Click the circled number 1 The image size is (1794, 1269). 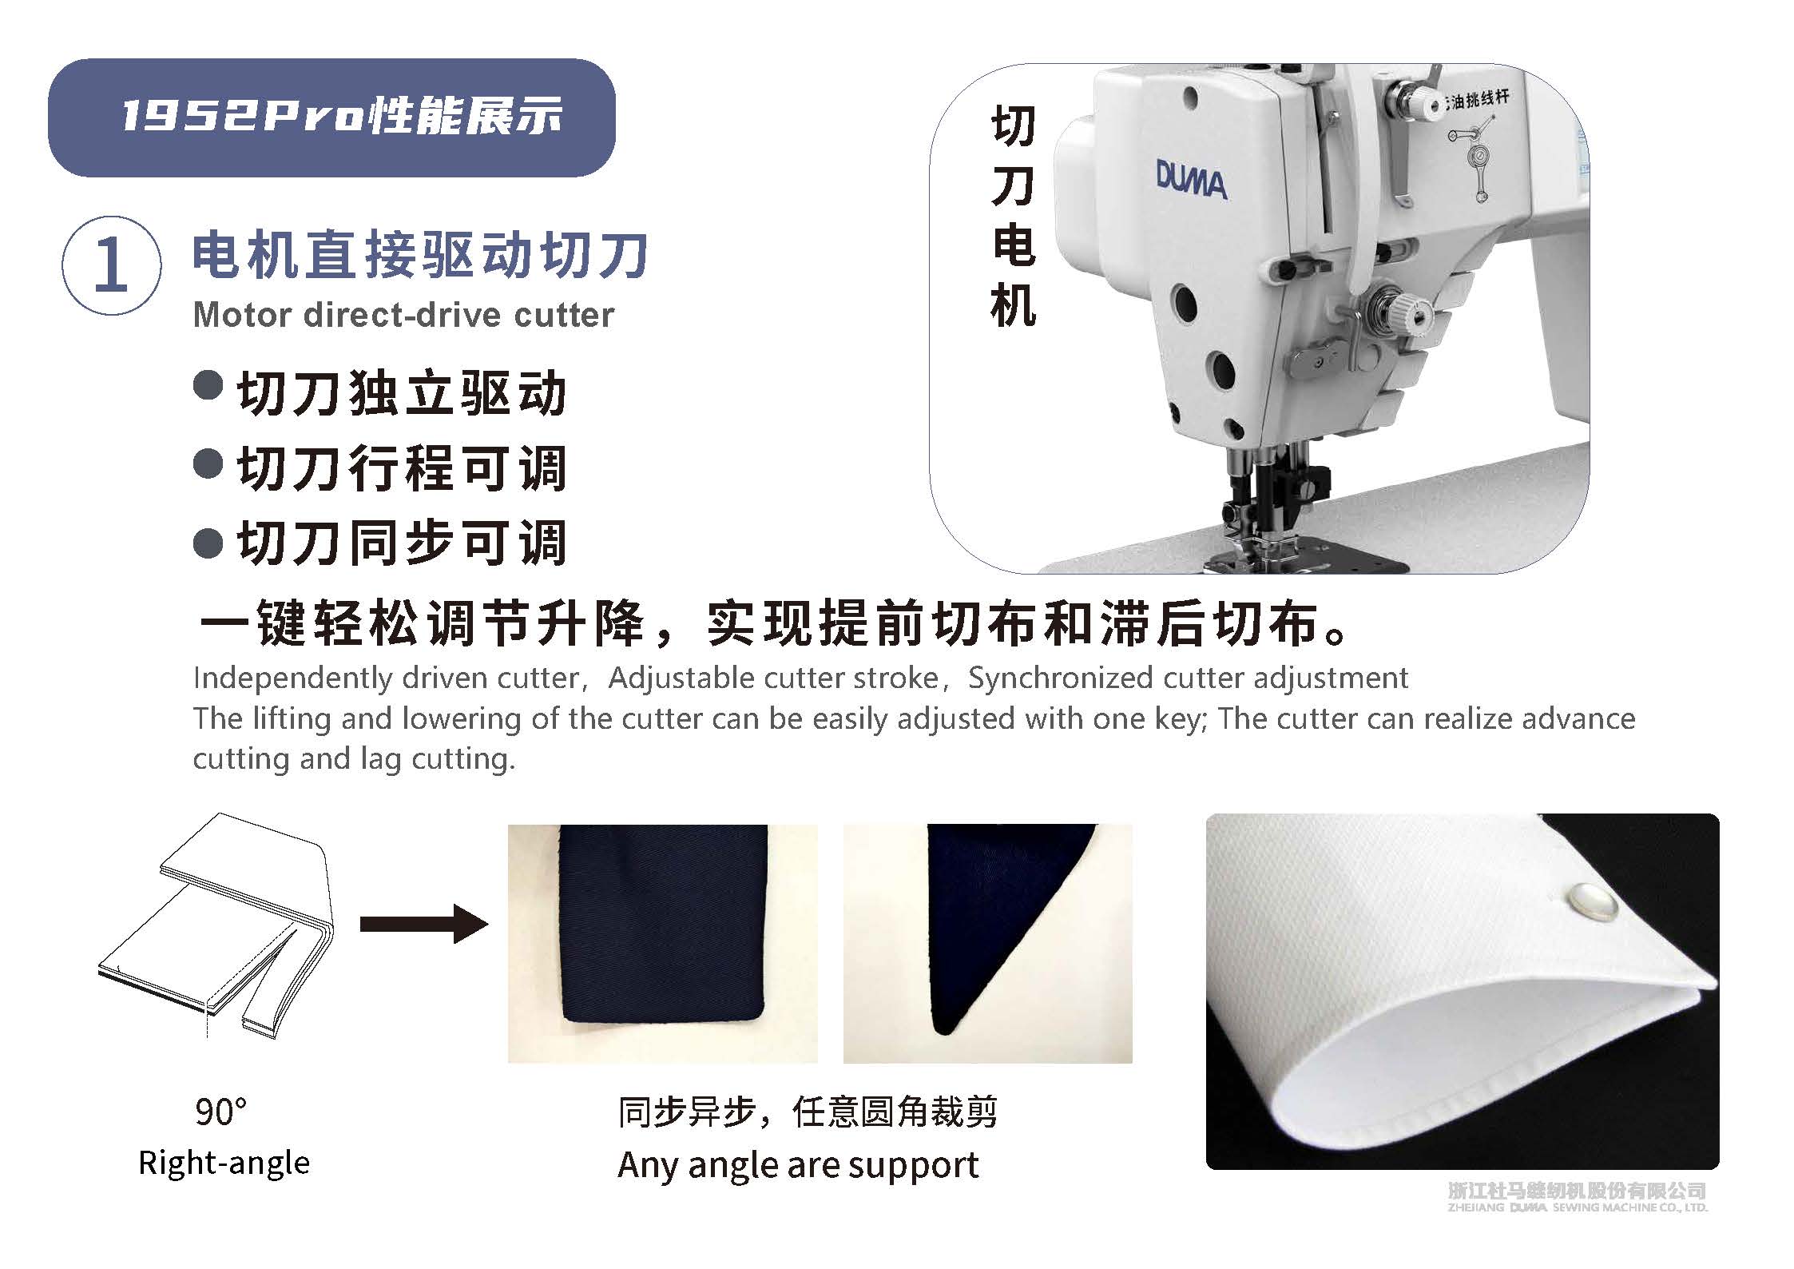111,265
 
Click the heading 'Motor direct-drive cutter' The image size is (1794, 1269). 403,315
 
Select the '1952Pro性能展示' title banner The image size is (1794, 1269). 331,117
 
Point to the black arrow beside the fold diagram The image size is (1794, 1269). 424,924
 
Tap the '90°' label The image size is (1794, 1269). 220,1112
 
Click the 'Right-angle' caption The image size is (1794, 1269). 224,1163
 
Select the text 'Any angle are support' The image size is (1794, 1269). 798,1165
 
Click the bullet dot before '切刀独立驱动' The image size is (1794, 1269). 208,385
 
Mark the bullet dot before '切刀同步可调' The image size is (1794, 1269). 208,543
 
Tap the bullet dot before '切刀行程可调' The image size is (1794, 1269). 208,464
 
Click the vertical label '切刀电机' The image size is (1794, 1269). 1013,217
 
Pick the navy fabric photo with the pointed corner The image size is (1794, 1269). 988,943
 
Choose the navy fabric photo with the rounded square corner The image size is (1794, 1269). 663,943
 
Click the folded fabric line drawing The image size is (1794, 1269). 216,927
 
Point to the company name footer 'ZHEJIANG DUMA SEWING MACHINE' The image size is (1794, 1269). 1578,1230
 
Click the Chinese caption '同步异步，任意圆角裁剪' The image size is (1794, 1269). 808,1112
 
